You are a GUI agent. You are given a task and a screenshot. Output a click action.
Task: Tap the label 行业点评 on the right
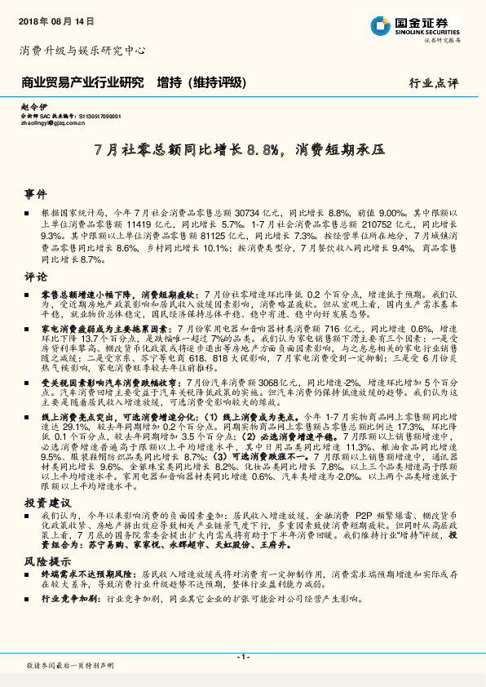434,83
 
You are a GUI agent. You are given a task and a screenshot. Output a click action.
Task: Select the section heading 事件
36,195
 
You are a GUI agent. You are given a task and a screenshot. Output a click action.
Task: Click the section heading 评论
36,277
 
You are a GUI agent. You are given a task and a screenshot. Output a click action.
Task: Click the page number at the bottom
242,656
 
